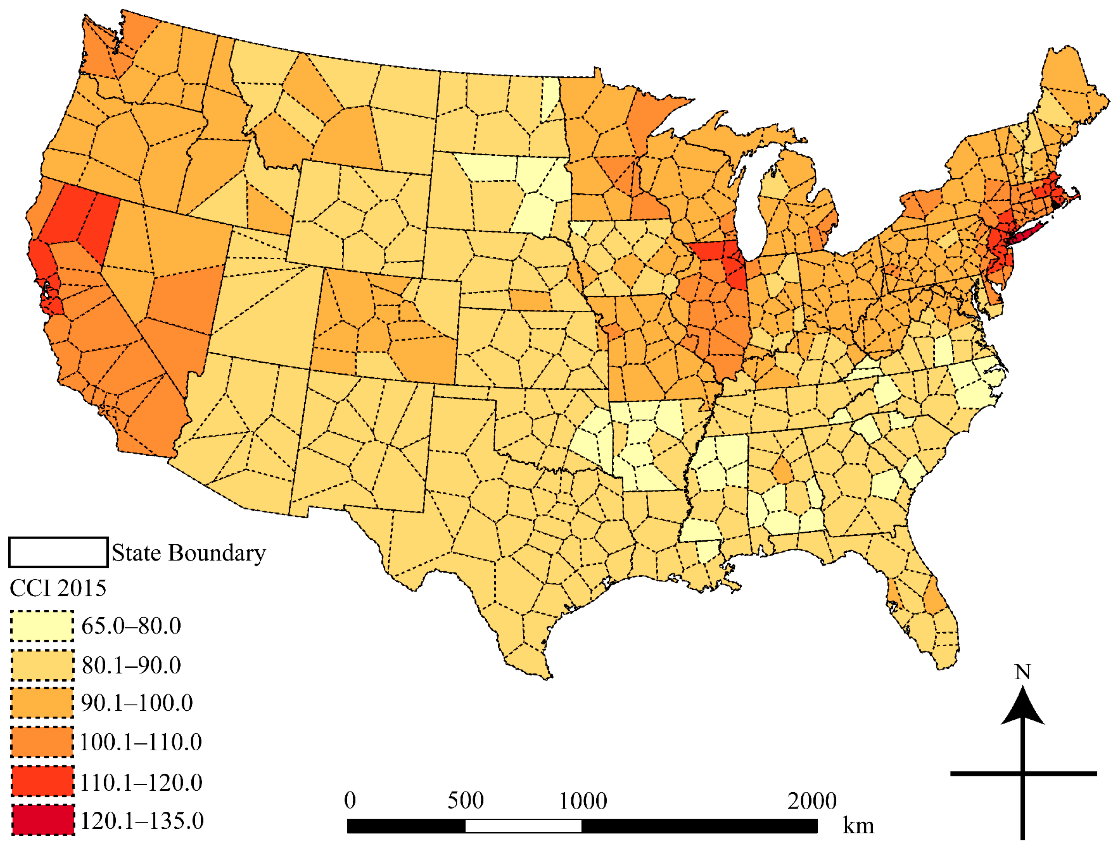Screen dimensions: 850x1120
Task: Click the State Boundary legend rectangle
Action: pyautogui.click(x=58, y=552)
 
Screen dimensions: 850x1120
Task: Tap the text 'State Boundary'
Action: pyautogui.click(x=188, y=553)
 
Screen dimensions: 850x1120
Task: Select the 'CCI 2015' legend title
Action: pyautogui.click(x=58, y=588)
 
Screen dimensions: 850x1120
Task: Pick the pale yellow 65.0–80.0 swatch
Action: pyautogui.click(x=42, y=626)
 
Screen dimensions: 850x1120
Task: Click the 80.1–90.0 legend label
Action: pyautogui.click(x=131, y=665)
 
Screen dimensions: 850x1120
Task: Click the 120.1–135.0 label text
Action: pyautogui.click(x=142, y=821)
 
